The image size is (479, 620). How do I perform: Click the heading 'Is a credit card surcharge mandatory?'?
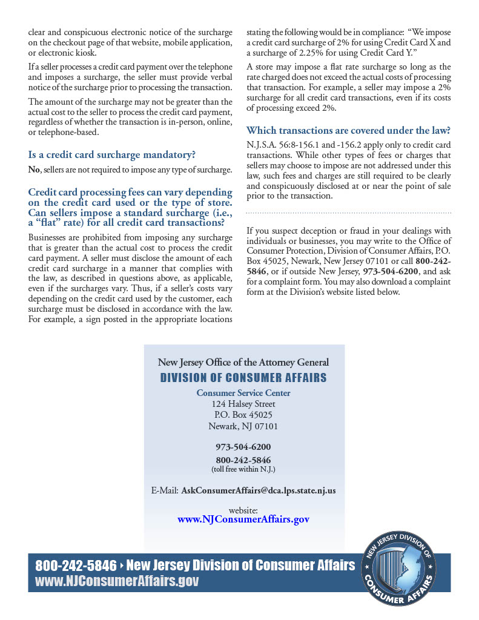pos(112,154)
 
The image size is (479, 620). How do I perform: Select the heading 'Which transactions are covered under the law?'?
pos(348,131)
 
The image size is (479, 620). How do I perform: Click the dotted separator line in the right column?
pos(349,213)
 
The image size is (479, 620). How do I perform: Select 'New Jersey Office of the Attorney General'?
pos(243,362)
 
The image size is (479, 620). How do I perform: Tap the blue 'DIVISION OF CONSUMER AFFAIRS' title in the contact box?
pos(243,378)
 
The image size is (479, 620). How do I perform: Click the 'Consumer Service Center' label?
pos(243,393)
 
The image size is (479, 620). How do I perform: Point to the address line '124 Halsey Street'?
pos(243,404)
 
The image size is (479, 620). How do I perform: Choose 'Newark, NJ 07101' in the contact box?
pos(243,426)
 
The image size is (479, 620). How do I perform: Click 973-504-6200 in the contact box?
pos(243,447)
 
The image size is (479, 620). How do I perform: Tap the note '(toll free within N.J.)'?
pos(243,469)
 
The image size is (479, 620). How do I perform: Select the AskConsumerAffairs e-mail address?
pos(259,490)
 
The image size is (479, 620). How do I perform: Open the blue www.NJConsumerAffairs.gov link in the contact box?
pos(243,519)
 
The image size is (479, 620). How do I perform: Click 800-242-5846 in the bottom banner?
pos(76,566)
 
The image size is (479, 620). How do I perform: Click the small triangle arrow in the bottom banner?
pos(121,566)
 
